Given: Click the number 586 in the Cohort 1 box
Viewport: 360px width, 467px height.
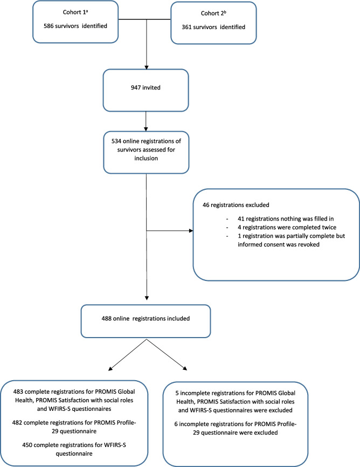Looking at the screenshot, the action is (x=49, y=26).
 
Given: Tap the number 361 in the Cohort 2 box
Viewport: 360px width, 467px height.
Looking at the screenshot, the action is (x=186, y=27).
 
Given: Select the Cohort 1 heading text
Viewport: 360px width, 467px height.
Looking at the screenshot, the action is (x=75, y=12).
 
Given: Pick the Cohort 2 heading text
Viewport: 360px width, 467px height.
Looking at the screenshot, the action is (x=213, y=13).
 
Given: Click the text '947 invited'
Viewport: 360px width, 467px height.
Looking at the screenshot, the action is (x=146, y=87).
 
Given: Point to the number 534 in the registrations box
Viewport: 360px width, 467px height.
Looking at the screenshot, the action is (x=116, y=141).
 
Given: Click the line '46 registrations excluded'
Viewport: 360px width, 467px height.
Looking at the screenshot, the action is (x=236, y=205).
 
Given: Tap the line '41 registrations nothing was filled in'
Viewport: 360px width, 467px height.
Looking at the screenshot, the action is (x=286, y=218).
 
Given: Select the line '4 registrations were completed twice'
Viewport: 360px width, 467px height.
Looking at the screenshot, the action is (x=287, y=227).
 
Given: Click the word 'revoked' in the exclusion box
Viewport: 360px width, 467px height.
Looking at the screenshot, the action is (x=308, y=244).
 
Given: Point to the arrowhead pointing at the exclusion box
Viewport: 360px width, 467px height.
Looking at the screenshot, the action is (x=191, y=230).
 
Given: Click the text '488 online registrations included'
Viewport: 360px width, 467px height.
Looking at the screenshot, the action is (x=146, y=318).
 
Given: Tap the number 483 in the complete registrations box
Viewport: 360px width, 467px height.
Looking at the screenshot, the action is (x=18, y=392).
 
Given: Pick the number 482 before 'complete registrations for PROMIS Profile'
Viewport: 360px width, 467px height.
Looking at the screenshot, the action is (x=17, y=423).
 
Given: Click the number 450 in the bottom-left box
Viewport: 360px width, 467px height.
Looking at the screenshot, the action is (x=27, y=445).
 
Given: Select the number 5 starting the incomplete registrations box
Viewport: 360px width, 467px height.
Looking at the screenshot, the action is (x=177, y=393).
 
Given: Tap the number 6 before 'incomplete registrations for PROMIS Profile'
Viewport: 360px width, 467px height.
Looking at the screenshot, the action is (x=176, y=424).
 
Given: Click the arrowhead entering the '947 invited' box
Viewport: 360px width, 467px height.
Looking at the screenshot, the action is (x=146, y=67).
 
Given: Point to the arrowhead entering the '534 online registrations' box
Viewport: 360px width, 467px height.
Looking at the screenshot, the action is (x=146, y=129).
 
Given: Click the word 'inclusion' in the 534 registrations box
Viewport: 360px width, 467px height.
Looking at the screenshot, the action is (x=146, y=158).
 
